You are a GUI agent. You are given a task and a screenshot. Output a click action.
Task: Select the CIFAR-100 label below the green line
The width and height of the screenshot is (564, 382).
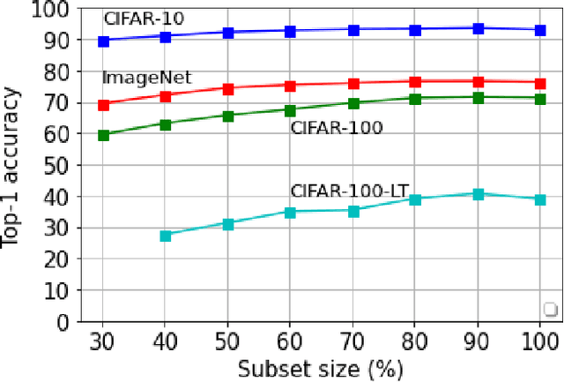point(337,128)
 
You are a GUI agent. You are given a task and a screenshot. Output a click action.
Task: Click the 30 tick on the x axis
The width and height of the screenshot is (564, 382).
point(103,340)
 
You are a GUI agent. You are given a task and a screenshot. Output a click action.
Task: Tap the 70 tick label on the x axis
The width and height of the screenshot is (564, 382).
point(352,340)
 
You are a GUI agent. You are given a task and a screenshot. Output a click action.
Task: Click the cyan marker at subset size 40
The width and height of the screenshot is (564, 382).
point(165,236)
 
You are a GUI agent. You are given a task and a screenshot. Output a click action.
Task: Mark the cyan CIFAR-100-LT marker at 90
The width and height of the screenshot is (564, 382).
point(478,194)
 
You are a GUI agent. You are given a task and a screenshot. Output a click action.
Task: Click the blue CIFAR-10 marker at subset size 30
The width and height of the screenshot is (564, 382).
point(103,41)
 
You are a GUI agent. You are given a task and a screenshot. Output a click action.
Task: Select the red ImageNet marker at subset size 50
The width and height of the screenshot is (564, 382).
point(227,89)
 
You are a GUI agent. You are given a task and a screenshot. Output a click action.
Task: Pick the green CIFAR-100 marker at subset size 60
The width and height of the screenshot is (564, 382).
point(290,110)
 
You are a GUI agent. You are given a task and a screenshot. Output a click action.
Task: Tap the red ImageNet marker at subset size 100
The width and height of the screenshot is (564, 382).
point(540,82)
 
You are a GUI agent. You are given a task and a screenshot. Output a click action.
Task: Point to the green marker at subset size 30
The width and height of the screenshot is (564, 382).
point(103,135)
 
